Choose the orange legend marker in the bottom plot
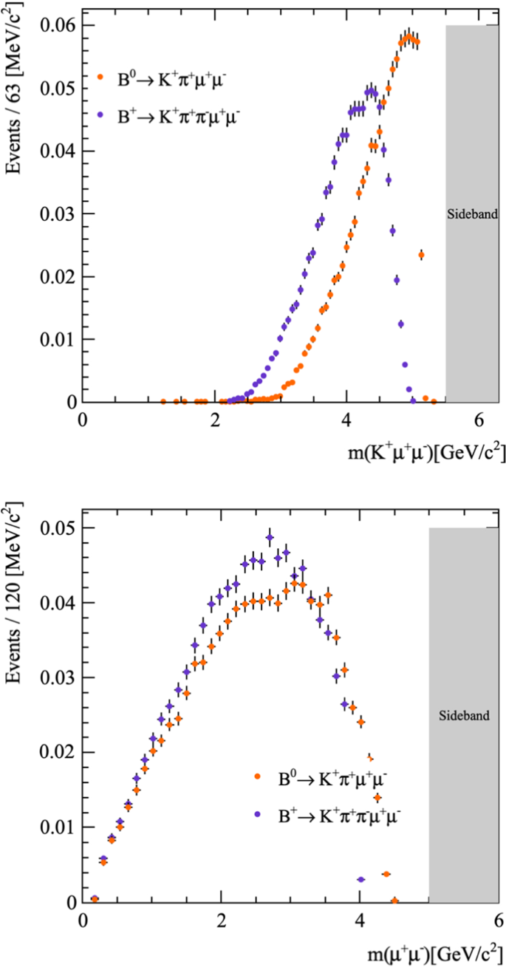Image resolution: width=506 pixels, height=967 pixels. pyautogui.click(x=256, y=776)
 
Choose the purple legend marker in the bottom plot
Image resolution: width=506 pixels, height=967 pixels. pyautogui.click(x=256, y=814)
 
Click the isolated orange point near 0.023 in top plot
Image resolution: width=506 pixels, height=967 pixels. pyautogui.click(x=421, y=255)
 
